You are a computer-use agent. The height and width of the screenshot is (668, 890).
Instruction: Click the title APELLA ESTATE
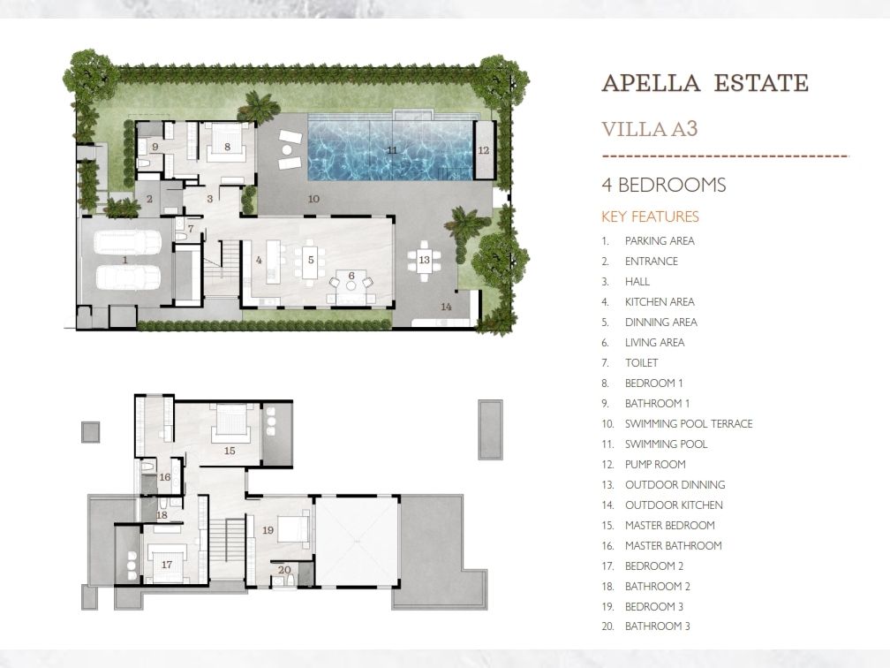(705, 83)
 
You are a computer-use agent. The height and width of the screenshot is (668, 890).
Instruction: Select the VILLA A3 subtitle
(649, 129)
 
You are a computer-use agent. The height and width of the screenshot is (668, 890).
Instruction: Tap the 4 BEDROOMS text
(664, 186)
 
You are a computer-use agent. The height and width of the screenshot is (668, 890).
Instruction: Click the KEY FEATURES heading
(650, 216)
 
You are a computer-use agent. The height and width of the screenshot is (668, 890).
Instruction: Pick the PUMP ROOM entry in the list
(655, 464)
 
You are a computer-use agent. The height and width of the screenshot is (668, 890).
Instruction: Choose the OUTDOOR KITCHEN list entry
(674, 505)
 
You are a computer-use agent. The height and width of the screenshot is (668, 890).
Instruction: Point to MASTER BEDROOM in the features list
(670, 526)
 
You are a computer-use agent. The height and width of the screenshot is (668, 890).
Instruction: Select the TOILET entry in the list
(641, 362)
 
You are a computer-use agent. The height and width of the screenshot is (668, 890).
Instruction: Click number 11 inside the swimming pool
(392, 150)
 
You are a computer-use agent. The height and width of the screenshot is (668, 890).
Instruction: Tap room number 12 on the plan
(484, 150)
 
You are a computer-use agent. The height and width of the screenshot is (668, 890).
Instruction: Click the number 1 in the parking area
(124, 260)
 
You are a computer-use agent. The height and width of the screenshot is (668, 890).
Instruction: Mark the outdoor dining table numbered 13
(424, 260)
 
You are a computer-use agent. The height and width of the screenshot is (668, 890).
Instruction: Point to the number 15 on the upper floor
(230, 451)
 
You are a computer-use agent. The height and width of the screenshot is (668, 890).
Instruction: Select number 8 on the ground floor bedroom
(227, 147)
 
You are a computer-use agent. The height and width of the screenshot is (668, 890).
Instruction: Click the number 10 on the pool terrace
(313, 199)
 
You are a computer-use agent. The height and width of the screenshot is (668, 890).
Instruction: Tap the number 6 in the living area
(351, 276)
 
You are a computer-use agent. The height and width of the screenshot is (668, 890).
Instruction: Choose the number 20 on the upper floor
(284, 570)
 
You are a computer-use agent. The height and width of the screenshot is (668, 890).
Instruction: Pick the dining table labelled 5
(311, 260)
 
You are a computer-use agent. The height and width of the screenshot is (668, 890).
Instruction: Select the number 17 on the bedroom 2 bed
(166, 565)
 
